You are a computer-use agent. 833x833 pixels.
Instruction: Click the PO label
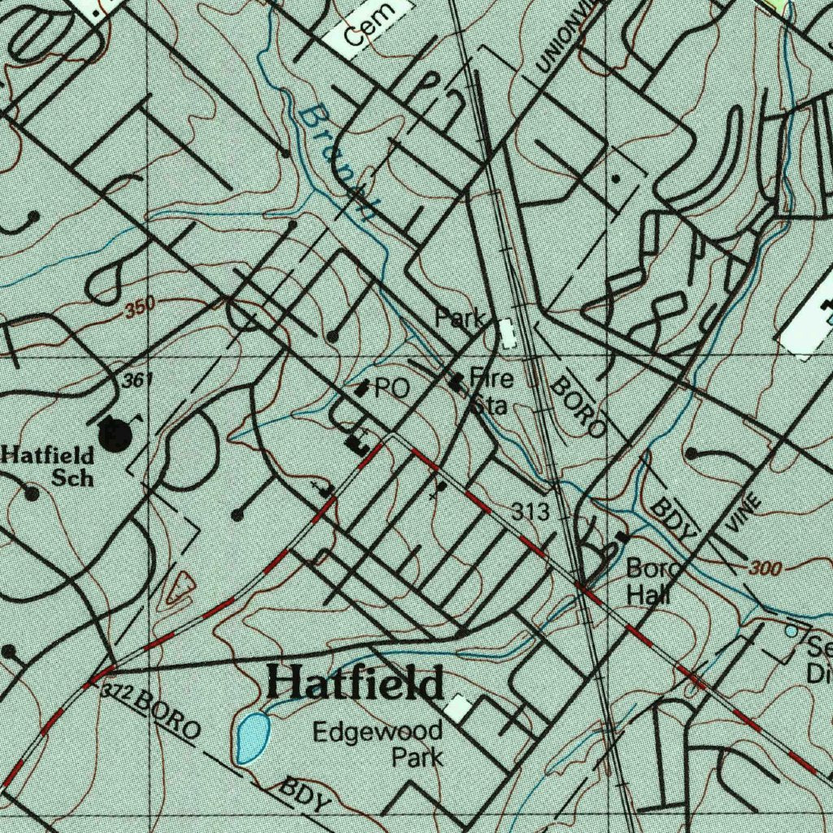point(391,389)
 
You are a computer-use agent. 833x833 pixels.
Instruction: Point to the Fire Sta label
point(491,391)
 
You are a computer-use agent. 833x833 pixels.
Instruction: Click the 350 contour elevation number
point(140,309)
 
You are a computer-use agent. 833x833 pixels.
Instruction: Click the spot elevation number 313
point(530,512)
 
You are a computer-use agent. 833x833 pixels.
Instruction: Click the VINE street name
point(743,513)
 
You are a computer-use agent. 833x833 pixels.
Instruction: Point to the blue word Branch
point(336,164)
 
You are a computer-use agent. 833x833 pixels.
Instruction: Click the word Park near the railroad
point(460,318)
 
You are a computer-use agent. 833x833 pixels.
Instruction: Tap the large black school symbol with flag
point(115,434)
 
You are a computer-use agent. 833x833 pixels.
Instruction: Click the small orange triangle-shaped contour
point(178,588)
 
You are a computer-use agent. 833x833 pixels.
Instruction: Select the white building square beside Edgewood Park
point(457,708)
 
